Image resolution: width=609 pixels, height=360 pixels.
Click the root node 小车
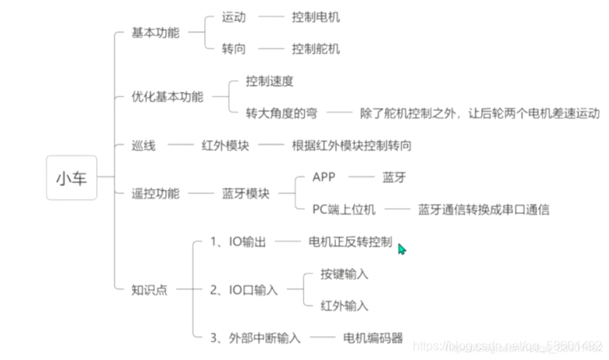pyautogui.click(x=71, y=178)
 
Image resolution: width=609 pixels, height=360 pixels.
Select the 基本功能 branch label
pyautogui.click(x=156, y=33)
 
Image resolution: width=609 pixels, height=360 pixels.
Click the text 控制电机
pyautogui.click(x=316, y=17)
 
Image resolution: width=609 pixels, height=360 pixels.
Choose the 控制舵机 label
pyautogui.click(x=316, y=49)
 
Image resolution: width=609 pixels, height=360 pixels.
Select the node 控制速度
pyautogui.click(x=269, y=81)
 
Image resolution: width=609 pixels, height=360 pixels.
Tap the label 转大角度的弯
pyautogui.click(x=281, y=113)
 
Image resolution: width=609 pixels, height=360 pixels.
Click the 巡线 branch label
pyautogui.click(x=144, y=145)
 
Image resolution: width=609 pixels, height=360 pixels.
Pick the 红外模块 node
pyautogui.click(x=225, y=145)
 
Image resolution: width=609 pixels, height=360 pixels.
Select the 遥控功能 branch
pyautogui.click(x=156, y=193)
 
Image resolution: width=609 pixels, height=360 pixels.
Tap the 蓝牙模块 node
pyautogui.click(x=246, y=193)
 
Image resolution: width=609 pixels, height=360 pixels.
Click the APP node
pyautogui.click(x=324, y=177)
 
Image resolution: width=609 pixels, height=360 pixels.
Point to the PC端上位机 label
pyautogui.click(x=344, y=209)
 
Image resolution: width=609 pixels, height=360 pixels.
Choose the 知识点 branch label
pyautogui.click(x=150, y=289)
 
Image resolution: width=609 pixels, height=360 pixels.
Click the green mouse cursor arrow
pyautogui.click(x=401, y=248)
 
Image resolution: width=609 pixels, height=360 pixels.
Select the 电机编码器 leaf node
pyautogui.click(x=373, y=337)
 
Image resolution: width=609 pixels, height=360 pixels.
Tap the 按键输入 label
pyautogui.click(x=344, y=274)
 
